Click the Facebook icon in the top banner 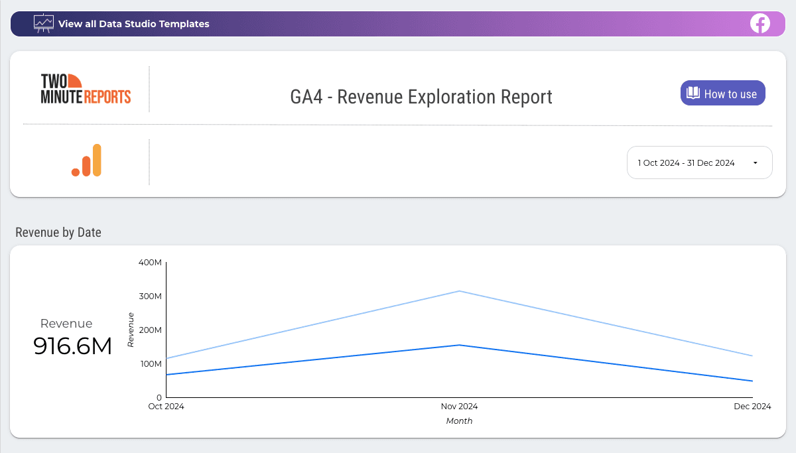pyautogui.click(x=760, y=24)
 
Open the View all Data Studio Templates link pyautogui.click(x=133, y=24)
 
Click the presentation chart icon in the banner pyautogui.click(x=44, y=23)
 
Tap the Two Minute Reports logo pyautogui.click(x=86, y=89)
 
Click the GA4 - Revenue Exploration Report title pyautogui.click(x=421, y=97)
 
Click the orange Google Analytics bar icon pyautogui.click(x=86, y=161)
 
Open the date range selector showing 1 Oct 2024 pyautogui.click(x=699, y=162)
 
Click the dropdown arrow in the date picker pyautogui.click(x=755, y=163)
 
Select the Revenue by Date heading pyautogui.click(x=58, y=232)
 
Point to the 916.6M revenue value pyautogui.click(x=73, y=346)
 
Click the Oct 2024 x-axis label pyautogui.click(x=166, y=407)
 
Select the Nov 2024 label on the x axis pyautogui.click(x=459, y=407)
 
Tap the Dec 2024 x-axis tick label pyautogui.click(x=752, y=407)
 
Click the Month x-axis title pyautogui.click(x=459, y=421)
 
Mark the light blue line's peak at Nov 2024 pyautogui.click(x=459, y=291)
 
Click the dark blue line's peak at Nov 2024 pyautogui.click(x=459, y=345)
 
